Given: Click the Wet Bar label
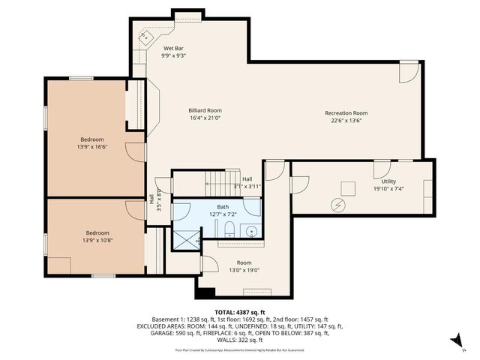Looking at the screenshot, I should click(173, 49).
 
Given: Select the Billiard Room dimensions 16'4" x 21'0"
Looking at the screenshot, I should click(205, 118).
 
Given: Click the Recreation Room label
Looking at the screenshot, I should click(346, 113).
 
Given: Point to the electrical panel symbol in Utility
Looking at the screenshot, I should click(337, 204).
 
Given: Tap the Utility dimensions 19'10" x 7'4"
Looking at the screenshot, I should click(388, 189).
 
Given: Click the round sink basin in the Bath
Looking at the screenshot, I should click(252, 231).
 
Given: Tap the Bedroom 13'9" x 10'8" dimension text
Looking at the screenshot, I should click(97, 241).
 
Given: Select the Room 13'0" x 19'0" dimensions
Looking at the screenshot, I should click(244, 271).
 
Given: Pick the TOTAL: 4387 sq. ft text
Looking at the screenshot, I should click(239, 312).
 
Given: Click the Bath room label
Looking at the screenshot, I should click(223, 207).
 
